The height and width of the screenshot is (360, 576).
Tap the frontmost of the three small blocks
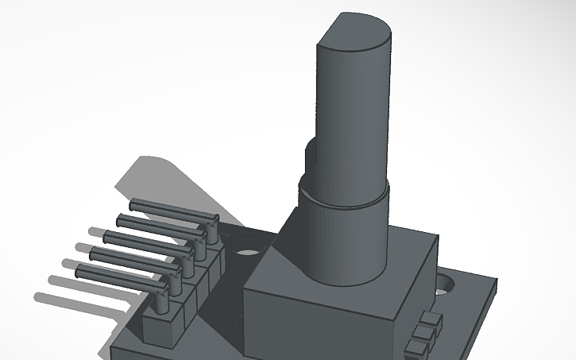415,348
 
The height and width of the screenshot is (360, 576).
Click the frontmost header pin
119,274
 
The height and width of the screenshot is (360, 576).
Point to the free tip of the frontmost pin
79,272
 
